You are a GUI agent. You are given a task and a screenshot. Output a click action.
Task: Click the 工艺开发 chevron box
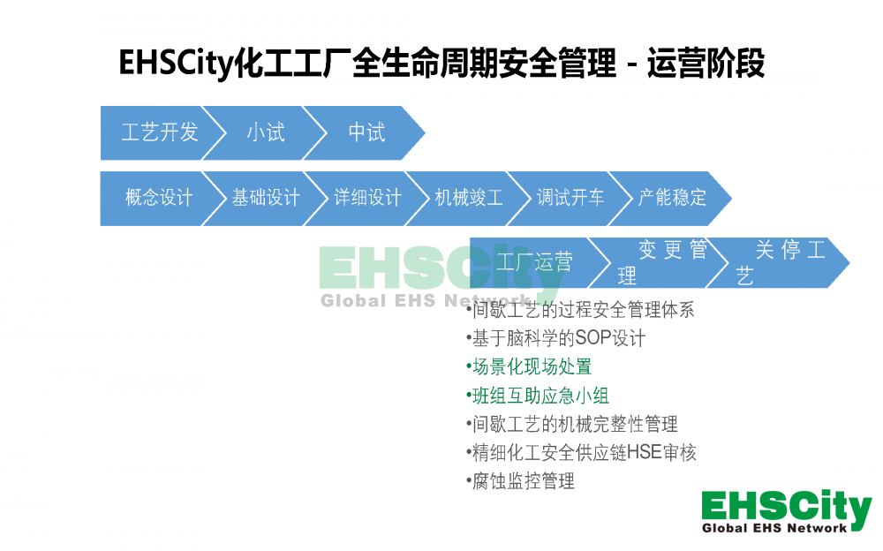[158, 133]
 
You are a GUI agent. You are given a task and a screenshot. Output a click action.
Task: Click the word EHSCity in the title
[175, 63]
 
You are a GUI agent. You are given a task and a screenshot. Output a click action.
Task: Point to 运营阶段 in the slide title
[706, 63]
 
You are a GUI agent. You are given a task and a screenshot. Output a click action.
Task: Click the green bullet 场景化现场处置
[529, 366]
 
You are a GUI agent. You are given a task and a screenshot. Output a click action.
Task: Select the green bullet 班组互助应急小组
[537, 396]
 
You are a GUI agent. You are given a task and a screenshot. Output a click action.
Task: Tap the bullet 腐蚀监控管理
[520, 481]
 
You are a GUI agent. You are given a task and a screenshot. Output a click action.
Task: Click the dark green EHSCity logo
[786, 511]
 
